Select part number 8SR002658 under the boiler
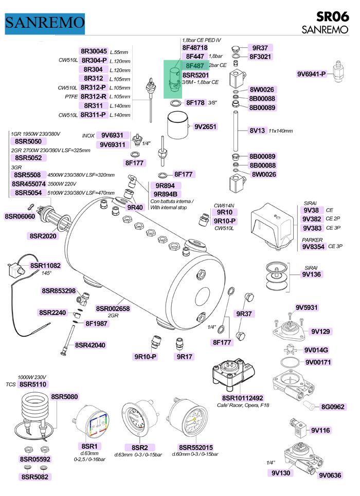point(113,308)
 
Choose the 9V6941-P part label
point(312,74)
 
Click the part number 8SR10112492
point(242,398)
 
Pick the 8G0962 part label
point(332,407)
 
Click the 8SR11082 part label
point(45,266)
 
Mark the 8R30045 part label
point(94,51)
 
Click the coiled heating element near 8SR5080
point(34,411)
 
